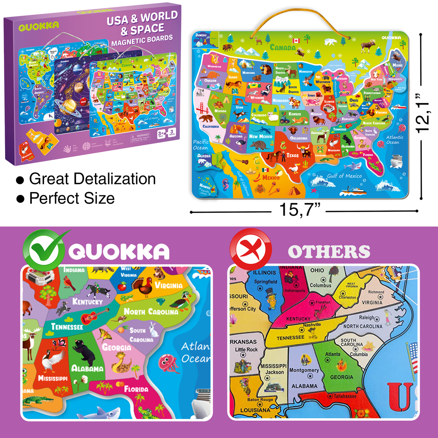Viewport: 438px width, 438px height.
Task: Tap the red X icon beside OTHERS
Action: point(250,250)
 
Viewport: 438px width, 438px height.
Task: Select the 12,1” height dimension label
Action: point(423,113)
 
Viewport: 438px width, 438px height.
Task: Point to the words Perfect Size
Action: point(72,198)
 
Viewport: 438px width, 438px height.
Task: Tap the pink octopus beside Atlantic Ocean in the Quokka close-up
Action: point(168,362)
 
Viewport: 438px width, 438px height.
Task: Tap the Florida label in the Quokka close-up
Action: point(136,389)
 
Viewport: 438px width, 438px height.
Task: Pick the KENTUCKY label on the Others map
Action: point(298,319)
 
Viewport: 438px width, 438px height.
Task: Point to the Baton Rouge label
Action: point(260,399)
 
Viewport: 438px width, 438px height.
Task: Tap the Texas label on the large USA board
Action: point(292,155)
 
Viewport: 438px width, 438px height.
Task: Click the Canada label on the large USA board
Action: point(283,47)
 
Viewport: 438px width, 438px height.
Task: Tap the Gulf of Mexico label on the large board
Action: point(344,176)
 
